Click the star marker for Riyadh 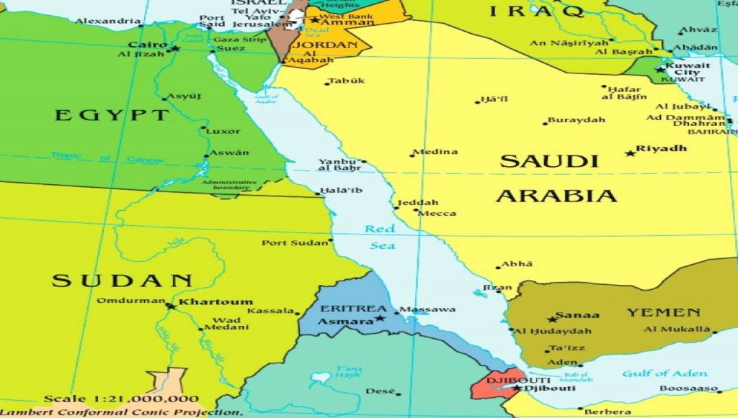630,153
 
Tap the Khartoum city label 215,302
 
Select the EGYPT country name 112,115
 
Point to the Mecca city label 437,213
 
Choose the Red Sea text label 381,237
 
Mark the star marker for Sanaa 552,319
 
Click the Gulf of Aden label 664,373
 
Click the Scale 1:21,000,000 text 121,399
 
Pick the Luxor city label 223,131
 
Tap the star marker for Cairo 174,48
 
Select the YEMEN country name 662,313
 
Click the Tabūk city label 346,81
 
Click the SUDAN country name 123,281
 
